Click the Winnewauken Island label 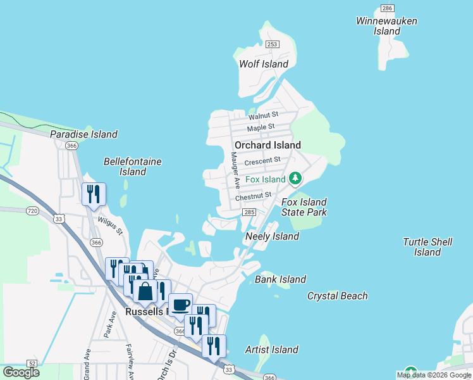[386, 26]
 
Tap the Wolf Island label [263, 64]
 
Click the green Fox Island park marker [295, 179]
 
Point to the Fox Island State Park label [304, 207]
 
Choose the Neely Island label [272, 236]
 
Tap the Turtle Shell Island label [427, 247]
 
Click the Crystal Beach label [337, 296]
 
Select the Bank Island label [280, 279]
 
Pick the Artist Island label [272, 350]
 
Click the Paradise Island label [83, 134]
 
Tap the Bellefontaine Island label [133, 167]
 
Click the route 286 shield [387, 8]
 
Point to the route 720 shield [33, 210]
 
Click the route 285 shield [249, 213]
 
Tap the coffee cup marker [180, 303]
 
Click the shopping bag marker [145, 291]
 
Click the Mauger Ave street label [235, 170]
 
